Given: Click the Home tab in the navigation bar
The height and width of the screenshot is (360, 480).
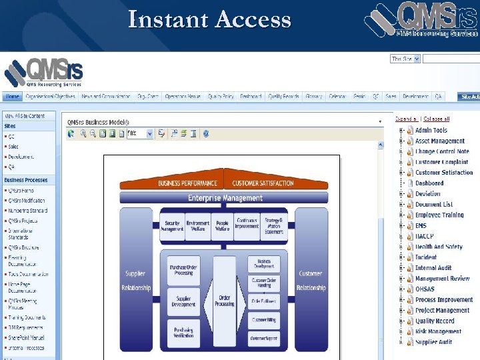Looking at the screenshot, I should pyautogui.click(x=13, y=97).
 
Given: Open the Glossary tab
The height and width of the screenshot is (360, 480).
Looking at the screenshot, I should pyautogui.click(x=313, y=97).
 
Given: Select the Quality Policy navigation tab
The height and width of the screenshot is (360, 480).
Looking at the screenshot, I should pyautogui.click(x=221, y=97).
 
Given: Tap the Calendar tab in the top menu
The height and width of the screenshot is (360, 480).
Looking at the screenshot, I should pyautogui.click(x=337, y=97).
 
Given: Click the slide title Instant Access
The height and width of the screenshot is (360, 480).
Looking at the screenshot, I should pyautogui.click(x=209, y=20).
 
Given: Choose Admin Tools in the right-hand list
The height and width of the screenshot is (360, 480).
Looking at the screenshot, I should pyautogui.click(x=431, y=131).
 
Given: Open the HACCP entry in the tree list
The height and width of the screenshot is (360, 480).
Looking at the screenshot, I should pyautogui.click(x=425, y=237).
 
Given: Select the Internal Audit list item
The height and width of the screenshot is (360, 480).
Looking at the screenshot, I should pyautogui.click(x=433, y=268).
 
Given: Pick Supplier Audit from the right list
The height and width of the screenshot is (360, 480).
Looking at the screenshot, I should pyautogui.click(x=433, y=342).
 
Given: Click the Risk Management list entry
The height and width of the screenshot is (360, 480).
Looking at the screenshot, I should pyautogui.click(x=438, y=331).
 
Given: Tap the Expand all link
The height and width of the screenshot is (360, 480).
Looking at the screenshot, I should pyautogui.click(x=405, y=119).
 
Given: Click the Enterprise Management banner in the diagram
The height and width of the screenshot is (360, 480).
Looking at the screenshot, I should pyautogui.click(x=225, y=198).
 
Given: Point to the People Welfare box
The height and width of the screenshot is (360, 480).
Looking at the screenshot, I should pyautogui.click(x=223, y=227).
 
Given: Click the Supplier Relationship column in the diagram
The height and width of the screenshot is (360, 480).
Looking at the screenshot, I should pyautogui.click(x=136, y=280).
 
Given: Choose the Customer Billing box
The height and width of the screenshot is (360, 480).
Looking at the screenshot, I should pyautogui.click(x=263, y=320).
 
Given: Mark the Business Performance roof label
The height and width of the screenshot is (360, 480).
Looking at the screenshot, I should pyautogui.click(x=187, y=183).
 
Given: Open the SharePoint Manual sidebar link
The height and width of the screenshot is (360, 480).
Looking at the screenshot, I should pyautogui.click(x=27, y=338).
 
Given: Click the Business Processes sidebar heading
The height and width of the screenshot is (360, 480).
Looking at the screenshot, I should pyautogui.click(x=26, y=180).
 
